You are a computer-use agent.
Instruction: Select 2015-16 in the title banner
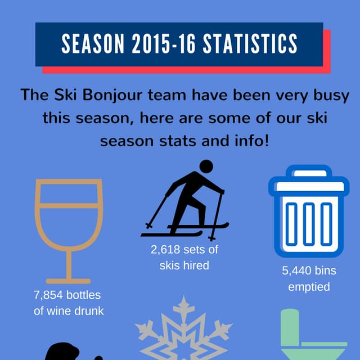click(163, 43)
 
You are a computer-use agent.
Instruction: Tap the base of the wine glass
click(68, 280)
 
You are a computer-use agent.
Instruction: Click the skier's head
click(206, 166)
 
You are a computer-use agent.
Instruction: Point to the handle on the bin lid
click(308, 172)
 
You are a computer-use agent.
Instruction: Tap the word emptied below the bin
click(309, 287)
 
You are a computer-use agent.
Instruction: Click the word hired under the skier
click(192, 265)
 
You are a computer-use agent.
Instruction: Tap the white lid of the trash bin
click(308, 187)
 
